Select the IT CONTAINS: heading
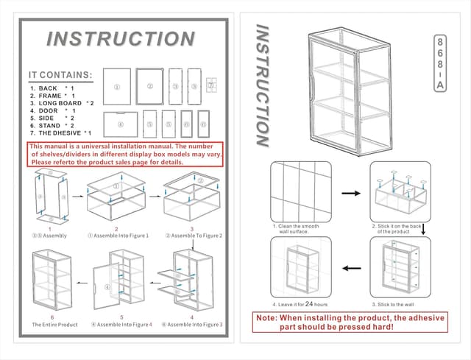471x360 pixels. point(60,75)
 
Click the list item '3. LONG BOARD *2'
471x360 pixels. point(62,103)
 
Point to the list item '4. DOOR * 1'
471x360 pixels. point(53,110)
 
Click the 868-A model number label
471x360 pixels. point(439,63)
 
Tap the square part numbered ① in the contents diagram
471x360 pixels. point(116,86)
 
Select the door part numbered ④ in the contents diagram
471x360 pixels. point(120,124)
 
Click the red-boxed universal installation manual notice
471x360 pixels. point(125,155)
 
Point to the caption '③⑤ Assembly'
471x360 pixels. point(51,236)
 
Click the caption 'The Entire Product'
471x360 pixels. point(54,324)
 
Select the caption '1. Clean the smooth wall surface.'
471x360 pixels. point(296,229)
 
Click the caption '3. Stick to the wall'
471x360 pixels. point(394,303)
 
